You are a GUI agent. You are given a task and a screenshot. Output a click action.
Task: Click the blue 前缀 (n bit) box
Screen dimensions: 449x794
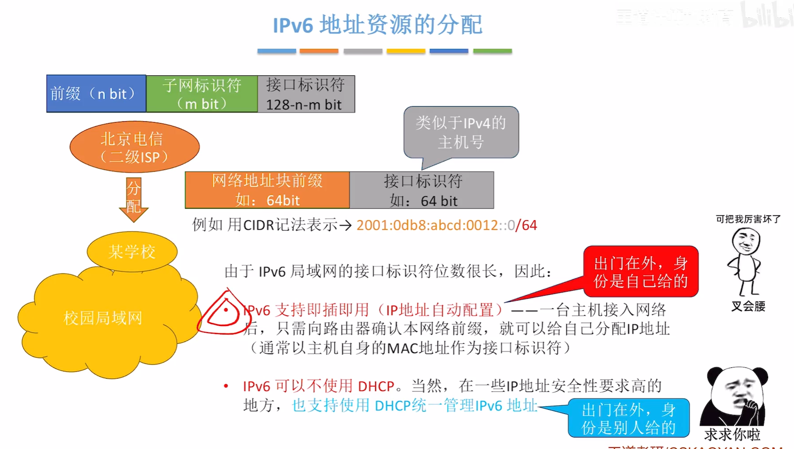(96, 94)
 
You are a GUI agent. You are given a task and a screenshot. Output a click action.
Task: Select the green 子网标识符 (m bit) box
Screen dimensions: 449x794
(202, 94)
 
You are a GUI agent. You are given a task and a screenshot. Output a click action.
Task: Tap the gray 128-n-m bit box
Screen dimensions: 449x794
(306, 94)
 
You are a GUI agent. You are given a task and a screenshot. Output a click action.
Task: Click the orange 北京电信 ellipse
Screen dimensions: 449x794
(134, 147)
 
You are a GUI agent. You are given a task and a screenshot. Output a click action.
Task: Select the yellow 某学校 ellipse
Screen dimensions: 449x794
(132, 252)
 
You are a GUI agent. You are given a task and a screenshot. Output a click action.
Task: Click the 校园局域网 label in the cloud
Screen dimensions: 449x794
(103, 318)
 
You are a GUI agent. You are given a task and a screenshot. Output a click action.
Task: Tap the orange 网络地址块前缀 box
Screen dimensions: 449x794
(267, 190)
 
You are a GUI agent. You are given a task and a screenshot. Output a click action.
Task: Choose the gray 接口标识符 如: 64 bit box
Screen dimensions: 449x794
(422, 190)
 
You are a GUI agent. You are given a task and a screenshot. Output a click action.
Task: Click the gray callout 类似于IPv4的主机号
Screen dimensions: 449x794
(461, 132)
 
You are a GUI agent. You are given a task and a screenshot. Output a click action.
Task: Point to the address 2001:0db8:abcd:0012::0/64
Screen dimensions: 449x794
(446, 225)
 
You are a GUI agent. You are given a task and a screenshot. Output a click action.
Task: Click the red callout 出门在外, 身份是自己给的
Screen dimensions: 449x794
(640, 272)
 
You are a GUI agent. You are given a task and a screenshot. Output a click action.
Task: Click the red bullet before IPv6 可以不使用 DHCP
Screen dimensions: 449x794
(226, 386)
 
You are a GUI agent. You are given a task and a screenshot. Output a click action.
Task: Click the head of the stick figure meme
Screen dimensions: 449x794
(745, 241)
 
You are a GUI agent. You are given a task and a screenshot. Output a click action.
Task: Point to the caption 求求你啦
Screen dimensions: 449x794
(732, 434)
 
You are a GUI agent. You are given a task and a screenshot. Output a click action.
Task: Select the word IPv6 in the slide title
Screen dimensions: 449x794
(293, 25)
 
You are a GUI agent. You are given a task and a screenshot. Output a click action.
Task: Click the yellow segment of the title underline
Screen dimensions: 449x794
(406, 51)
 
